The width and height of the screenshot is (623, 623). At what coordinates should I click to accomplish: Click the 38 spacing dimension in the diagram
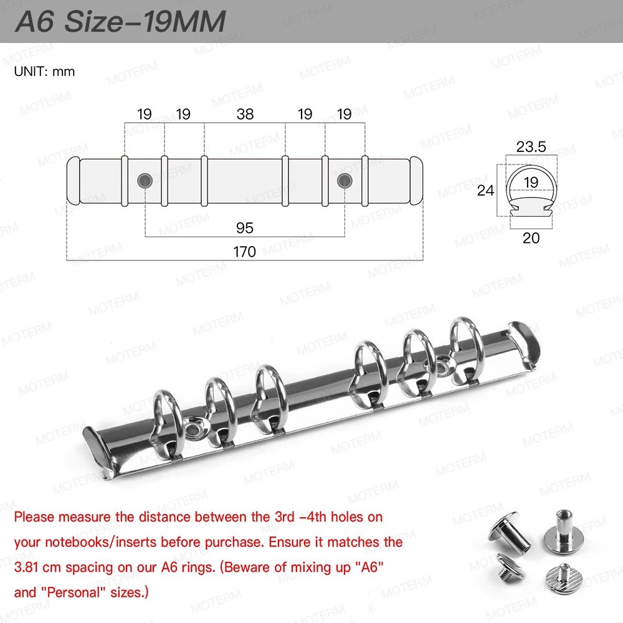pos(245,115)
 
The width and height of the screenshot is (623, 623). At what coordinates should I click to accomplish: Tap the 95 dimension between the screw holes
pos(244,228)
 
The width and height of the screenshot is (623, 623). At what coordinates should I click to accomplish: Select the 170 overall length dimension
pos(244,252)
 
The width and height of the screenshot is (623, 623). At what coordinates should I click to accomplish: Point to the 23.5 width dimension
pos(531,147)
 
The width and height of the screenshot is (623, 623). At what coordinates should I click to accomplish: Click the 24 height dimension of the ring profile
pos(485,191)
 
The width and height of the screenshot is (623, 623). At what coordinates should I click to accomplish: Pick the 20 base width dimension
pos(531,239)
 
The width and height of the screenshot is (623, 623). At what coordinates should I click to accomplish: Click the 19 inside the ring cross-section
pos(531,183)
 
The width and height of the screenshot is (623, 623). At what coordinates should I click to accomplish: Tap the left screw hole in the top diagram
pos(145,181)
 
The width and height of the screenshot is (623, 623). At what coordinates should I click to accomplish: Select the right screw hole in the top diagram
pos(345,181)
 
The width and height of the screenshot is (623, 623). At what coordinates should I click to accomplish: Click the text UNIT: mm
pos(44,72)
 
